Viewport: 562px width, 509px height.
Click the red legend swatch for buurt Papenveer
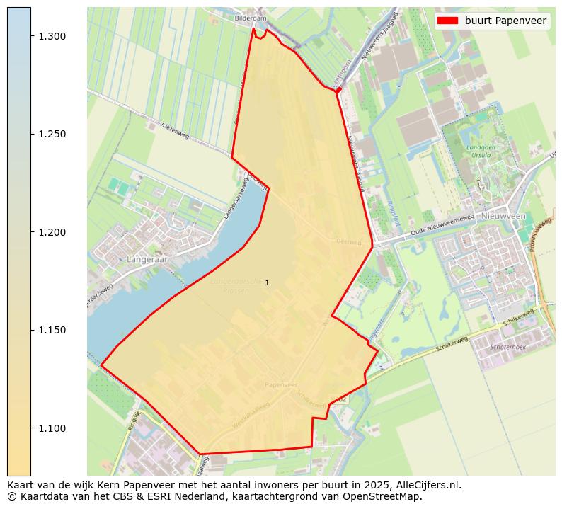coord(448,21)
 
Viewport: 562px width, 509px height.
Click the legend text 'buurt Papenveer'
coord(505,21)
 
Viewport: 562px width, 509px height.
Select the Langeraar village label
coord(145,260)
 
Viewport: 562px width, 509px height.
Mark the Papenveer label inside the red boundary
coord(281,384)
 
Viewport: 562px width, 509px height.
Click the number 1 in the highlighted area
coord(267,283)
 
